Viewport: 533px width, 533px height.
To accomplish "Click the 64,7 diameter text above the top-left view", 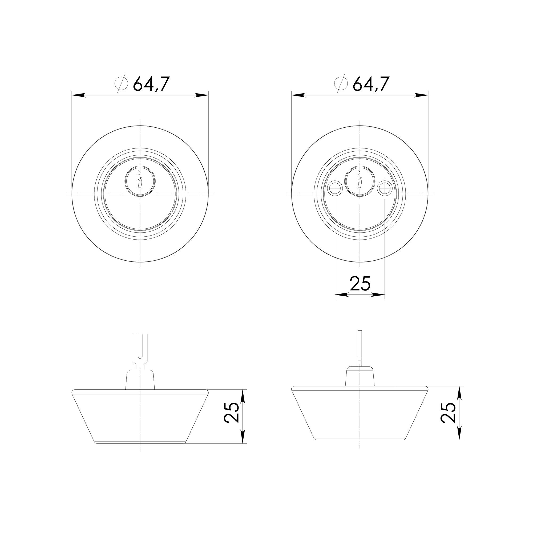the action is click(151, 84).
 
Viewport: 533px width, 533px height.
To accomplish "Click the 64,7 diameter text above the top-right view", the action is click(371, 84).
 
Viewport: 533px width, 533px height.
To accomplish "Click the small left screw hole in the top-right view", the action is click(335, 188).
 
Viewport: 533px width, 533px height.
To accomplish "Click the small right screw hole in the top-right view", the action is click(385, 188).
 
